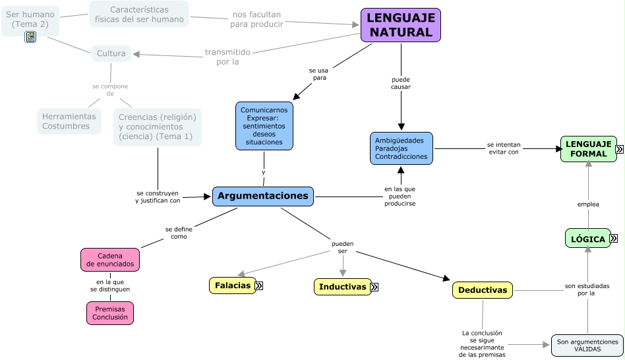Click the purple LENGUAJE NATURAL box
pyautogui.click(x=400, y=25)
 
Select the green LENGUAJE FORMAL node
pyautogui.click(x=587, y=149)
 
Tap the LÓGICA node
pyautogui.click(x=587, y=239)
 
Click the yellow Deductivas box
pyautogui.click(x=482, y=290)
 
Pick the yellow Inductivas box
pyautogui.click(x=342, y=287)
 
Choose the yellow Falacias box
pyautogui.click(x=231, y=285)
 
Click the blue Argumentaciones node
pyautogui.click(x=263, y=196)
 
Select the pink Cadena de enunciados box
pyautogui.click(x=110, y=260)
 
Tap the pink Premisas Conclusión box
pyautogui.click(x=110, y=313)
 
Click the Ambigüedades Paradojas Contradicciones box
pyautogui.click(x=402, y=148)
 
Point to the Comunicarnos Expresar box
pyautogui.click(x=264, y=126)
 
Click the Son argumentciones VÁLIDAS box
pyautogui.click(x=587, y=345)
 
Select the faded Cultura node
pyautogui.click(x=111, y=53)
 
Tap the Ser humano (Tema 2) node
pyautogui.click(x=30, y=18)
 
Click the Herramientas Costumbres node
pyautogui.click(x=69, y=121)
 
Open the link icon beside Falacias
pyautogui.click(x=259, y=285)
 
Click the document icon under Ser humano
pyautogui.click(x=30, y=37)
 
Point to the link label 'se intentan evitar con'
pyautogui.click(x=503, y=148)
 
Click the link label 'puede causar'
pyautogui.click(x=400, y=83)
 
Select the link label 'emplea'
pyautogui.click(x=588, y=204)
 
